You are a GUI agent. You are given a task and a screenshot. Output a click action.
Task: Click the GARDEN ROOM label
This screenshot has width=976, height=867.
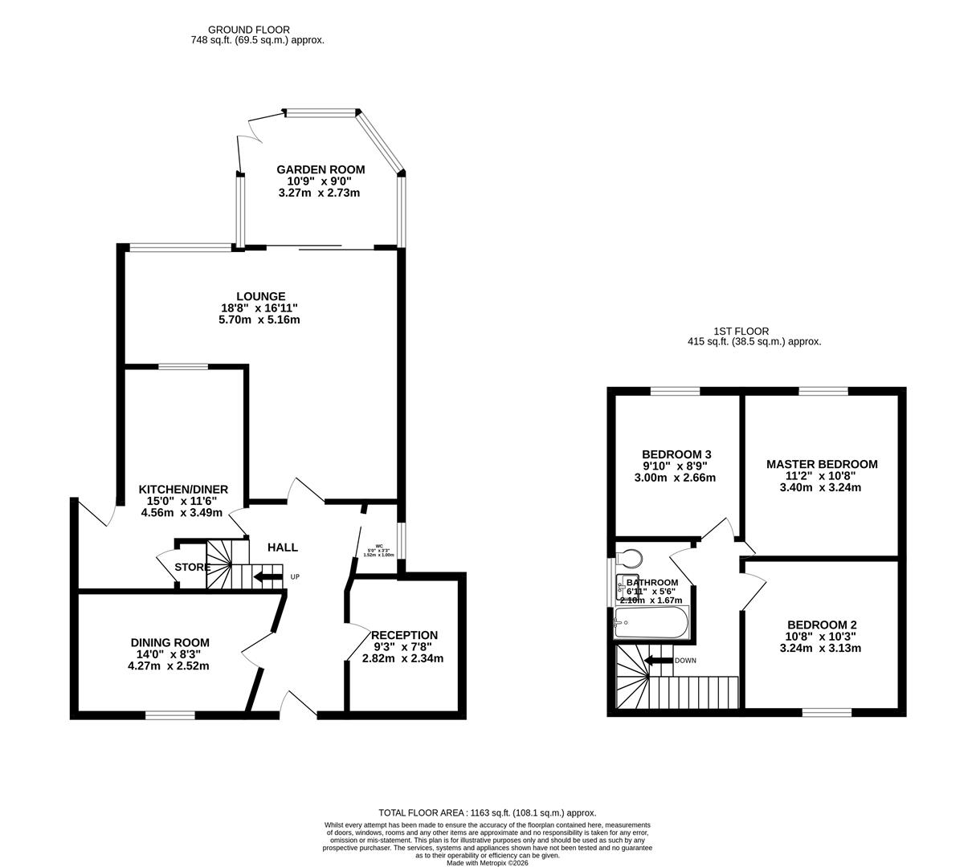click(x=321, y=169)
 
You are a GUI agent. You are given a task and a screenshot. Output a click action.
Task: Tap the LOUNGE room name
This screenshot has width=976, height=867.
click(x=260, y=296)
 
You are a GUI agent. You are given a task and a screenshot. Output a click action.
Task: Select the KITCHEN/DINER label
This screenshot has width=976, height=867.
click(x=183, y=490)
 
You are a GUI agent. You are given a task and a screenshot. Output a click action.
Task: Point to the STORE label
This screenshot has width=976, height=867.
click(x=193, y=568)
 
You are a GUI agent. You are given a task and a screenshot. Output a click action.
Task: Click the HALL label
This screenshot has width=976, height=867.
click(x=282, y=547)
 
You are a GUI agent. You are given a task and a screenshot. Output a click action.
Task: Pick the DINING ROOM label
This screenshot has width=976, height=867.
click(x=169, y=642)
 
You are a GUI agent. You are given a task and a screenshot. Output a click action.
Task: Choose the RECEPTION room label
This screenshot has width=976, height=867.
click(x=405, y=635)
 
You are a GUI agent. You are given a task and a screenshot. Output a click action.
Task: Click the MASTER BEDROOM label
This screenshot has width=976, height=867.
click(x=821, y=464)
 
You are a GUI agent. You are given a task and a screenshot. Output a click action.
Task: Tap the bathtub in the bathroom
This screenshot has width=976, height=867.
click(x=651, y=623)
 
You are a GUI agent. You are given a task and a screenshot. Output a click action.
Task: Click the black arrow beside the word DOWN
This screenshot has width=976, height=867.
click(x=659, y=661)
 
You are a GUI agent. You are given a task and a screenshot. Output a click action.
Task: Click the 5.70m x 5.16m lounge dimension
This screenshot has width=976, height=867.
click(x=259, y=320)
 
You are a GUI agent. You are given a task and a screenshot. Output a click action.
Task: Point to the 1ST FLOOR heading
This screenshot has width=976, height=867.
click(x=741, y=331)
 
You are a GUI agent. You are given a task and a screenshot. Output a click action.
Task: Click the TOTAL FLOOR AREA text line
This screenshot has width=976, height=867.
click(x=487, y=812)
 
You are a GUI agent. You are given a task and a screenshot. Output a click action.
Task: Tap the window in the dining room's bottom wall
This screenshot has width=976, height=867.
click(x=169, y=714)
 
